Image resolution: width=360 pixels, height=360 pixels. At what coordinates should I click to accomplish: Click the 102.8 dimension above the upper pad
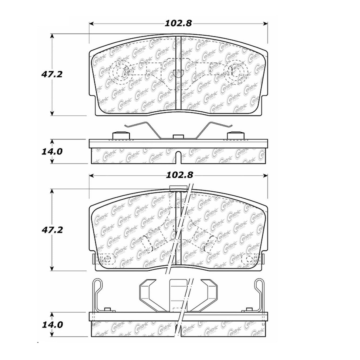tap(178, 24)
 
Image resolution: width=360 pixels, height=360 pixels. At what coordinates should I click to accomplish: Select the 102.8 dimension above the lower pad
tap(179, 175)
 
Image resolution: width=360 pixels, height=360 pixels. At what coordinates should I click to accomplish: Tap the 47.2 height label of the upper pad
tap(52, 75)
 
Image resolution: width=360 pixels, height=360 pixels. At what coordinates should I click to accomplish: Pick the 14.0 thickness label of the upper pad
tap(52, 152)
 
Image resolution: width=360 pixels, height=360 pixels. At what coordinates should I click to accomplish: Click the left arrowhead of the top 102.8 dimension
tap(91, 24)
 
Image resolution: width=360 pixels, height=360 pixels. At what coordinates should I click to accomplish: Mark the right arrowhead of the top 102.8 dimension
tap(265, 24)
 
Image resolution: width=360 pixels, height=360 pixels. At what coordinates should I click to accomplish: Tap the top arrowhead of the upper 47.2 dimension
tap(52, 36)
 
